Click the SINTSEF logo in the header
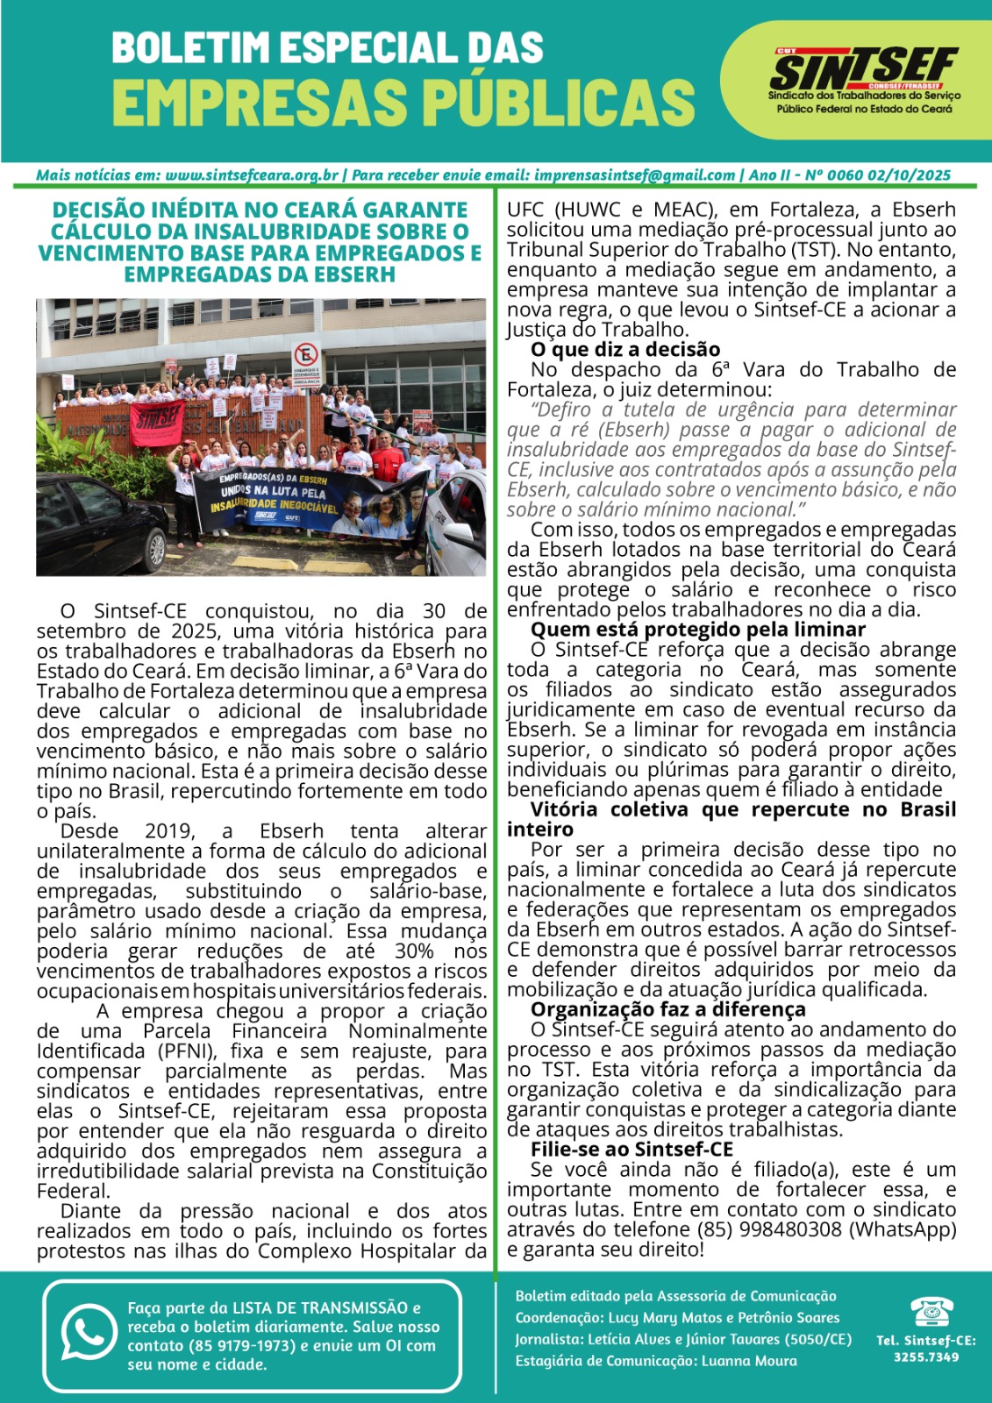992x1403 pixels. coord(863,70)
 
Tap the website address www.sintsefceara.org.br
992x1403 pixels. coord(252,175)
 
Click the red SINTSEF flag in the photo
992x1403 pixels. coord(157,422)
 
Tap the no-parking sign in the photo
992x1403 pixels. coord(306,357)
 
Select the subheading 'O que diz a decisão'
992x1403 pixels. coord(625,350)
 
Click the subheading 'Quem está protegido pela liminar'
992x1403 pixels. coord(697,630)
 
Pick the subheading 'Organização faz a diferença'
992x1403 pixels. coord(667,1009)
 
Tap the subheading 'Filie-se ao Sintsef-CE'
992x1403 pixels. coord(632,1150)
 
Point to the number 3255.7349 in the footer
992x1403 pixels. coord(926,1357)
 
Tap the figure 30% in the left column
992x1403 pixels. coord(414,951)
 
